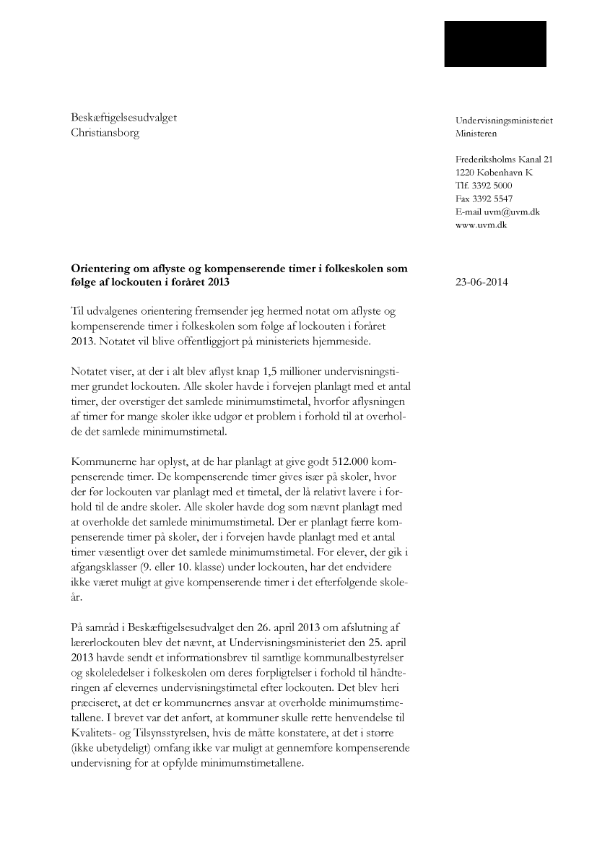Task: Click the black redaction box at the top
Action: click(x=494, y=43)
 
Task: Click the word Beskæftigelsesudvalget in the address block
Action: click(x=123, y=118)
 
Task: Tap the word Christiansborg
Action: click(x=105, y=133)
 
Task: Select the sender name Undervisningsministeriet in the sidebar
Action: click(x=504, y=121)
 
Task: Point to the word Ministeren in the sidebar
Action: click(x=476, y=134)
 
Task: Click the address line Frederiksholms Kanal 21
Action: click(x=504, y=160)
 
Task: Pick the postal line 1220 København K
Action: click(x=494, y=173)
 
